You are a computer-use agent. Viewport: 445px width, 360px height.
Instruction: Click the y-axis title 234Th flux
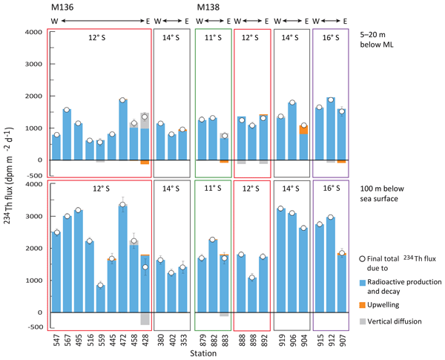(x=9, y=178)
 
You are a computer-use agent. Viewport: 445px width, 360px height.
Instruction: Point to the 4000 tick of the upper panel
(x=33, y=33)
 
